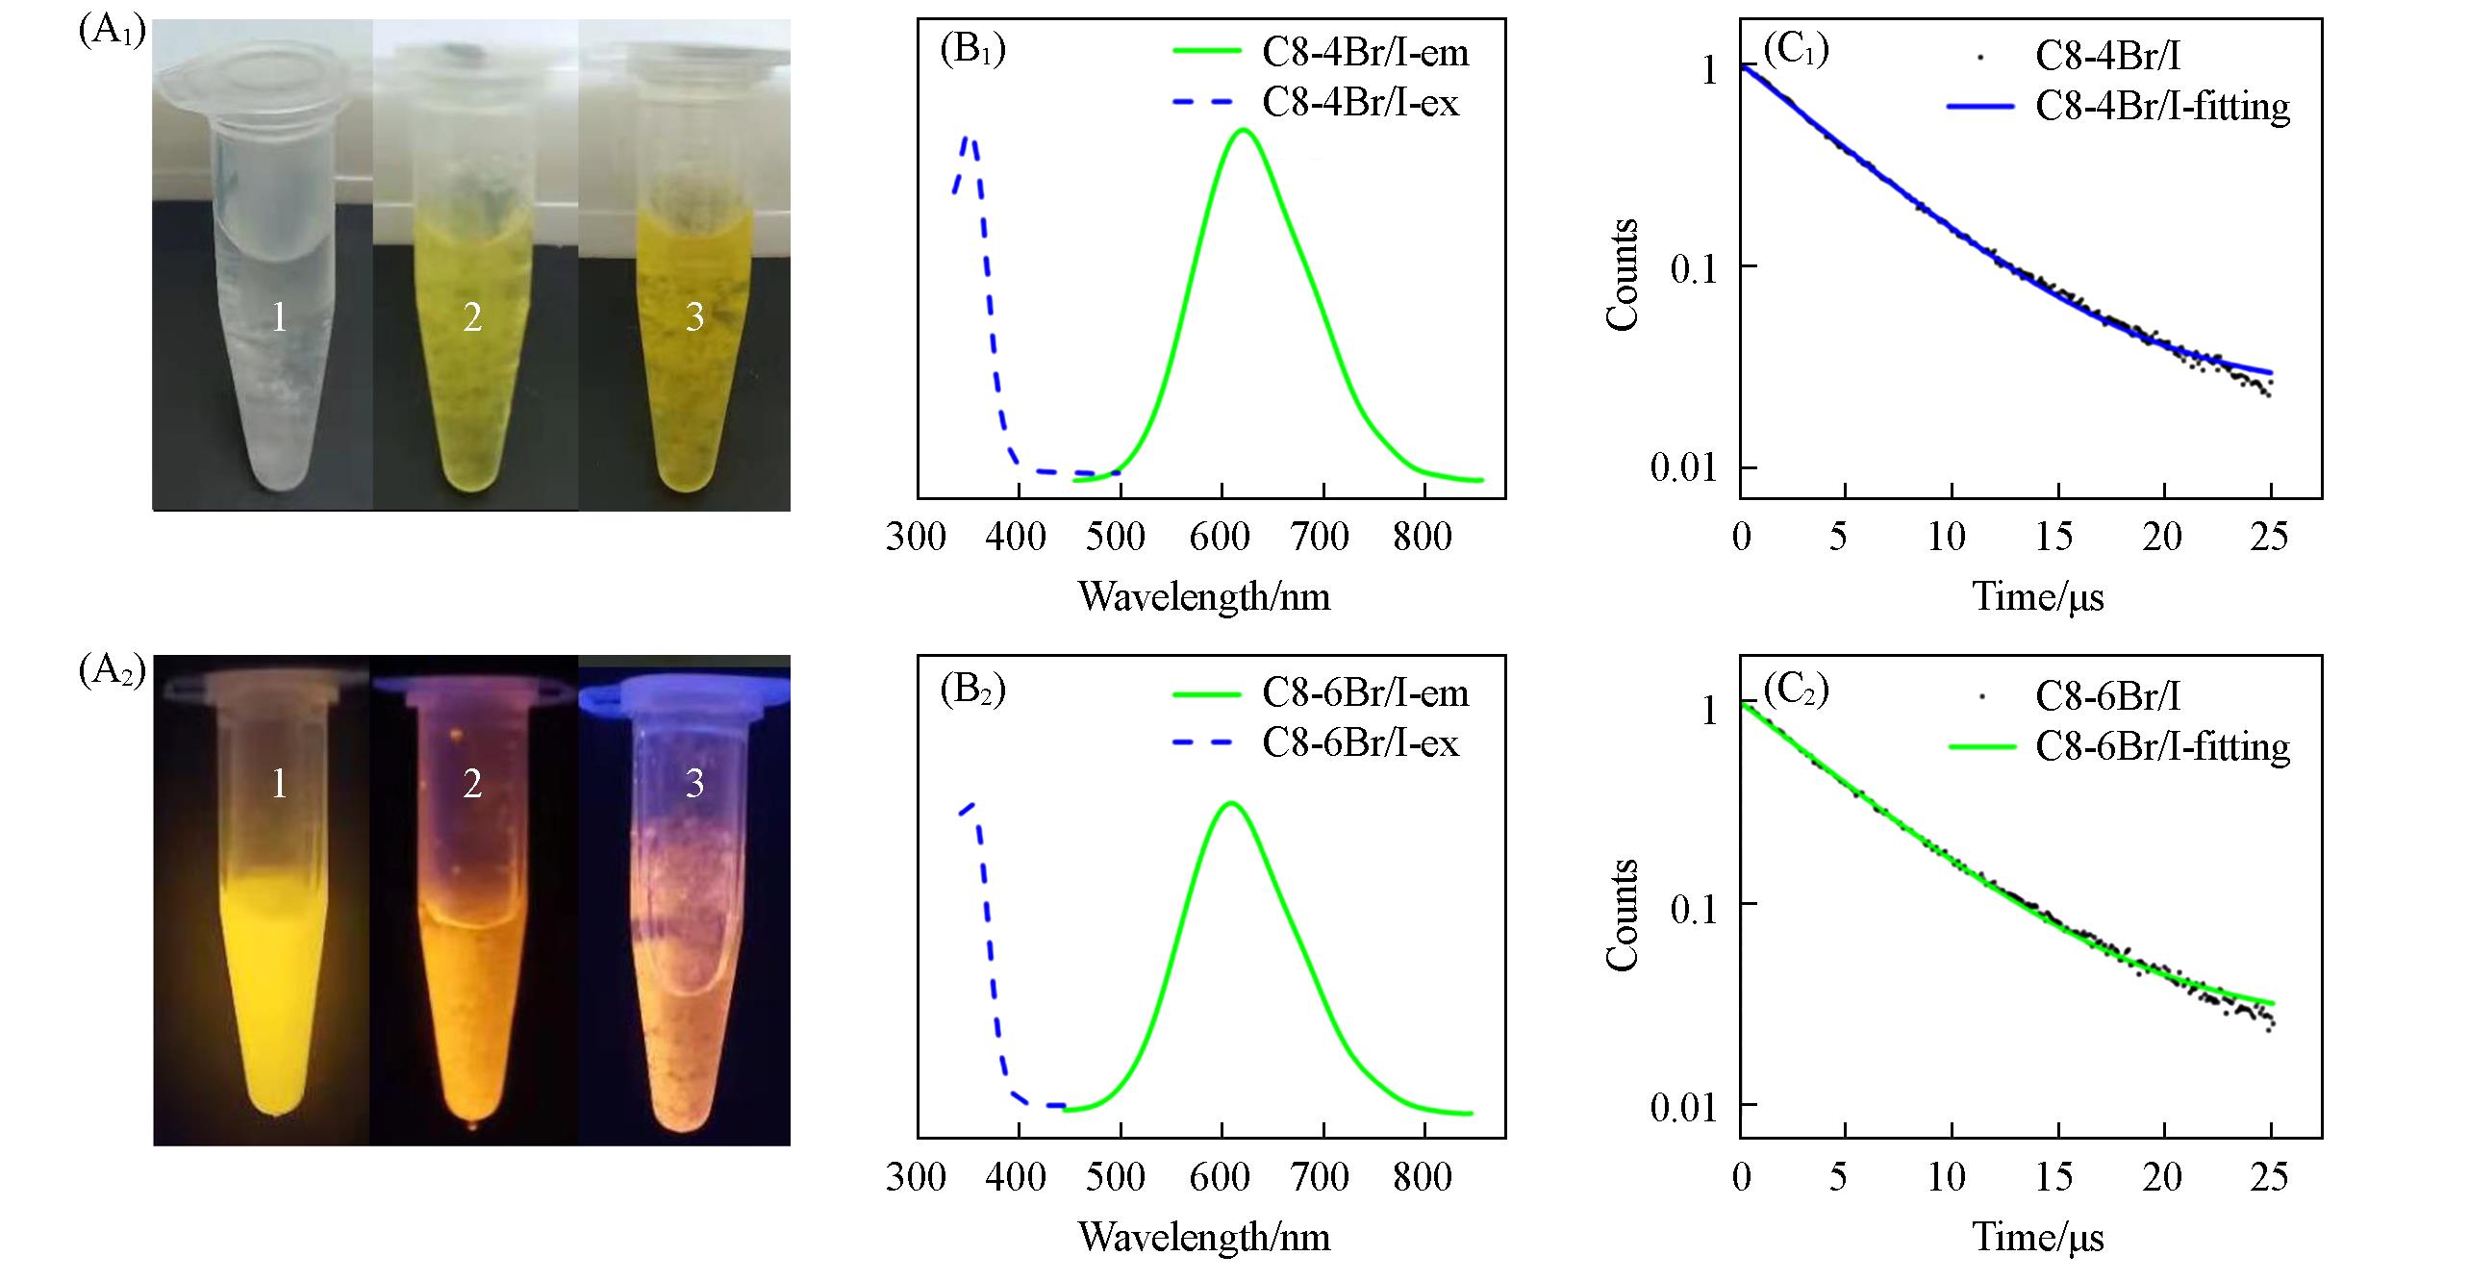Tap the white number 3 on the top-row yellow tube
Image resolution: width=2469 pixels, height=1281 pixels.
[x=694, y=317]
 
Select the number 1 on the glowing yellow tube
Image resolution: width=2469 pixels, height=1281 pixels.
[x=279, y=785]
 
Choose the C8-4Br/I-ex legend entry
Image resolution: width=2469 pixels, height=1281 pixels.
[x=1360, y=102]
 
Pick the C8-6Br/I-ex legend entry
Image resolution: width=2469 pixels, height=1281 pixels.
[x=1360, y=742]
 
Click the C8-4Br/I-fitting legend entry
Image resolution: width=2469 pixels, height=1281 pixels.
[x=2162, y=107]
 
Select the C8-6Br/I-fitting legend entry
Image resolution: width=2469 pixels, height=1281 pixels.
[x=2162, y=746]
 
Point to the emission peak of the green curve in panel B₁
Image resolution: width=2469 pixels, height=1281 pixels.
[x=1244, y=130]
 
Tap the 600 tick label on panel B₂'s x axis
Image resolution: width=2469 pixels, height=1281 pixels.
[x=1220, y=1176]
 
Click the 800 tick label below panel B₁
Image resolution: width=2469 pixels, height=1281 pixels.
[x=1422, y=537]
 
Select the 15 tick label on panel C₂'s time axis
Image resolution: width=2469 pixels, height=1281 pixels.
[x=2053, y=1176]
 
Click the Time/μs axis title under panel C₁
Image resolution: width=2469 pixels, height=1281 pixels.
[x=2038, y=597]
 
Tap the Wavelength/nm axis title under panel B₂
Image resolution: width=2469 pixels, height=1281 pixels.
[x=1204, y=1237]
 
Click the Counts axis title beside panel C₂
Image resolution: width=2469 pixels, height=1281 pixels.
[x=1625, y=915]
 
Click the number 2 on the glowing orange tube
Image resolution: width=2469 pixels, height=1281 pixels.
[x=472, y=785]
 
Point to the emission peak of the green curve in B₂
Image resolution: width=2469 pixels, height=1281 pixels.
[x=1230, y=802]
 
